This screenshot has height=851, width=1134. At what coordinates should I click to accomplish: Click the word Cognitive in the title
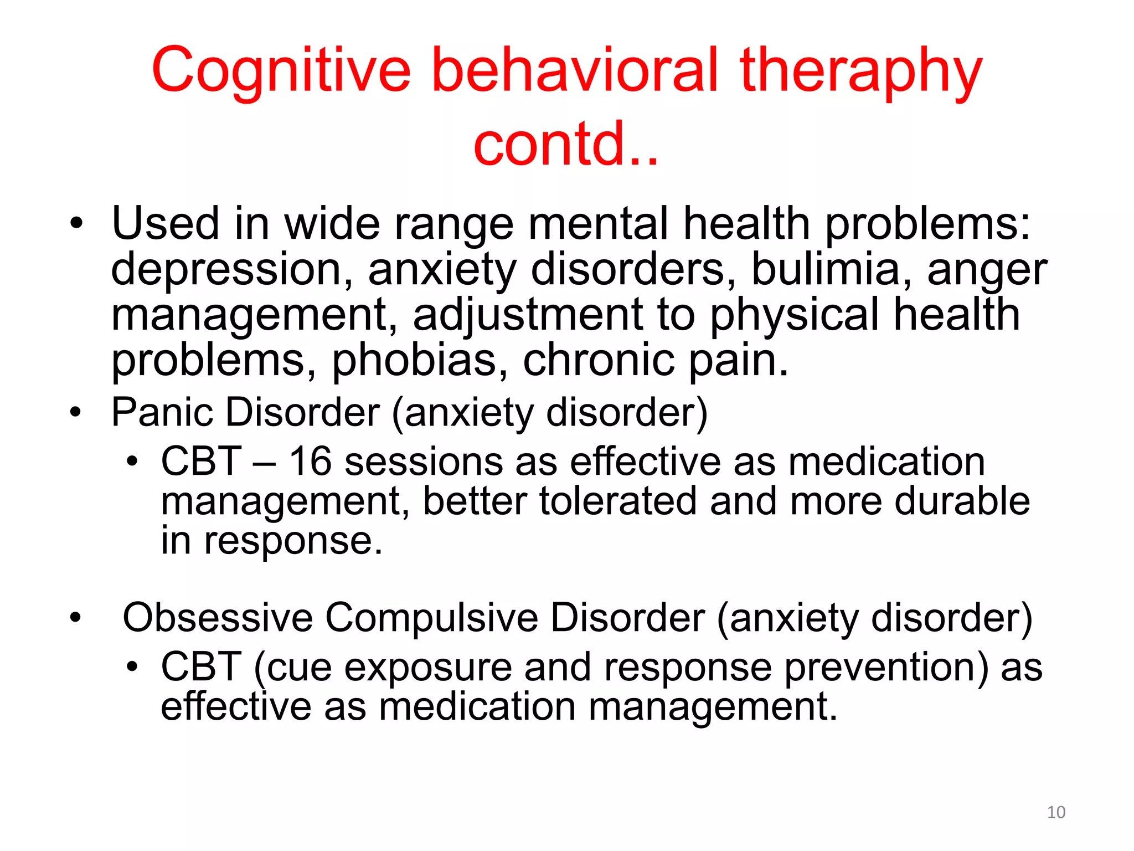[281, 70]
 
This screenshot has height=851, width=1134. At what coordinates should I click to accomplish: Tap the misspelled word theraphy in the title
[860, 73]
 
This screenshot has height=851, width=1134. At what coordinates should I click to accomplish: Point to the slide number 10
[1056, 812]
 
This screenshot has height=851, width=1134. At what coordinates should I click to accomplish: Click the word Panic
[162, 412]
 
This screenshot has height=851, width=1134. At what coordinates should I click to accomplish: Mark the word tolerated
[617, 501]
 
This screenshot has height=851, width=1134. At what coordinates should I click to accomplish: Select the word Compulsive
[431, 617]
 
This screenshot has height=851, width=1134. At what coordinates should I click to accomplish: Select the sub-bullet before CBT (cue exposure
[131, 667]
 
